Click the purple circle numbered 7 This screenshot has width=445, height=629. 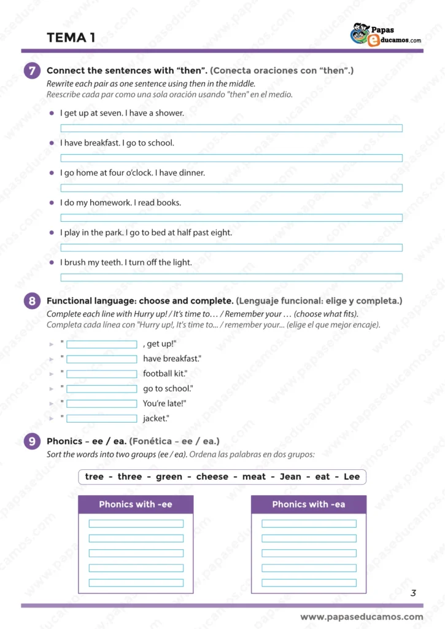click(x=32, y=71)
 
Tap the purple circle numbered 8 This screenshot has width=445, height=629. click(x=32, y=301)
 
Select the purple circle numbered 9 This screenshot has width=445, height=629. click(x=32, y=441)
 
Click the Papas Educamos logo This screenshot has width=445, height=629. click(x=385, y=34)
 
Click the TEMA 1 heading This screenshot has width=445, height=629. click(x=71, y=38)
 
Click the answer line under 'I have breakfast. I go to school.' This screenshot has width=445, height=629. click(x=231, y=158)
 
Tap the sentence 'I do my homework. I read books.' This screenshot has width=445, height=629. click(x=120, y=203)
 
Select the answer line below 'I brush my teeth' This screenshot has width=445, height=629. click(x=231, y=278)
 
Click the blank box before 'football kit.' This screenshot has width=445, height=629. click(x=101, y=374)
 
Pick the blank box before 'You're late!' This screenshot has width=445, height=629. click(x=101, y=404)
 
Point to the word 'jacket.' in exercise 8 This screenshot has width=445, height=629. click(x=156, y=418)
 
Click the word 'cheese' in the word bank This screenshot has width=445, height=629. click(x=212, y=477)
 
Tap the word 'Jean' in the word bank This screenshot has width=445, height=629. click(x=290, y=477)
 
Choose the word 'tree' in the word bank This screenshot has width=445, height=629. click(x=95, y=477)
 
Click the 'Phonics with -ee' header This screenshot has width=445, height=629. click(x=136, y=504)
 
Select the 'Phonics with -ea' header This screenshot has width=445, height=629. click(x=309, y=504)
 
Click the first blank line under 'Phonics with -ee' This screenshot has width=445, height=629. click(x=136, y=524)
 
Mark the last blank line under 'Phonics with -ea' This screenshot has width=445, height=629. click(x=309, y=583)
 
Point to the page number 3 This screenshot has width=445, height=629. click(x=413, y=593)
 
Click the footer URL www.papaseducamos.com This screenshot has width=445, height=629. click(x=362, y=617)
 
